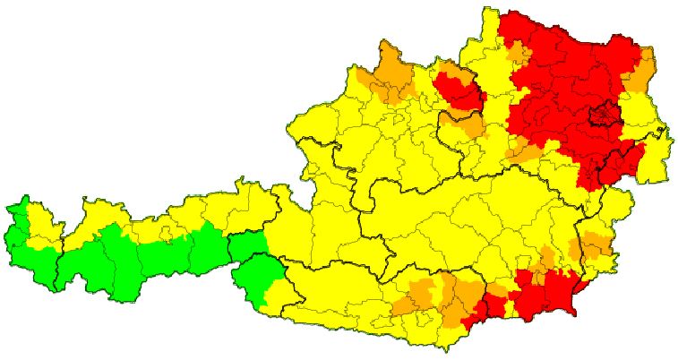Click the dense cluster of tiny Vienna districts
pos(606,115)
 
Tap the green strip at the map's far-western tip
pos(15,236)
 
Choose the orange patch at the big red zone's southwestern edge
pos(524,151)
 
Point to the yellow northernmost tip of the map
pos(490,18)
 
